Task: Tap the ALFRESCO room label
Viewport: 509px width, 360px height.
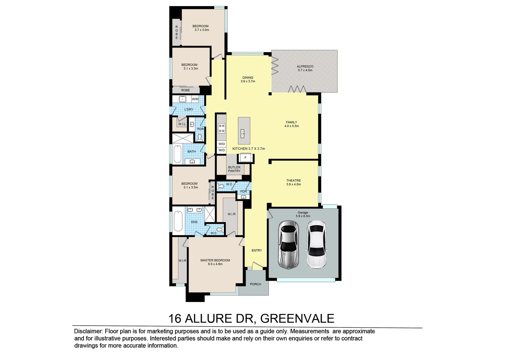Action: [x=305, y=67]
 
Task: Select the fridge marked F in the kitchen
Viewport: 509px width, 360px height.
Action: [x=246, y=158]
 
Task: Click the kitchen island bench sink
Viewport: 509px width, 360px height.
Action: [x=243, y=133]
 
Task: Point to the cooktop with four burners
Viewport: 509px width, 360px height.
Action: [x=222, y=128]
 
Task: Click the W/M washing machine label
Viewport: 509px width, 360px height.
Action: [x=195, y=99]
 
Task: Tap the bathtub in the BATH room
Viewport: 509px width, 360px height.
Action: [x=177, y=154]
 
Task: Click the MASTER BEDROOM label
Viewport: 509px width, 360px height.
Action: [x=215, y=260]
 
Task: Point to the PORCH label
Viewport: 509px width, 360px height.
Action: [x=255, y=284]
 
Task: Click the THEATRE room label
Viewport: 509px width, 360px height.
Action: [x=293, y=181]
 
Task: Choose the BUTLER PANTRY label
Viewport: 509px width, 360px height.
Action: [x=234, y=169]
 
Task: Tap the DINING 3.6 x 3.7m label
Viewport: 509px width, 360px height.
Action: [x=248, y=79]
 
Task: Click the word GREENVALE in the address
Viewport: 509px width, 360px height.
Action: [x=297, y=319]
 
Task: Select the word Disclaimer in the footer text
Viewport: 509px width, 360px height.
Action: [x=88, y=331]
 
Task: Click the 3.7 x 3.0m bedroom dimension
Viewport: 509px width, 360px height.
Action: [x=202, y=30]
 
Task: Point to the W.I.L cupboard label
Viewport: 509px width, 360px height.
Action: [x=182, y=124]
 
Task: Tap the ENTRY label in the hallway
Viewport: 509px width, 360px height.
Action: [x=256, y=250]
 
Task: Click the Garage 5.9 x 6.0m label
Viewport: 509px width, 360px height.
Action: [x=303, y=214]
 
